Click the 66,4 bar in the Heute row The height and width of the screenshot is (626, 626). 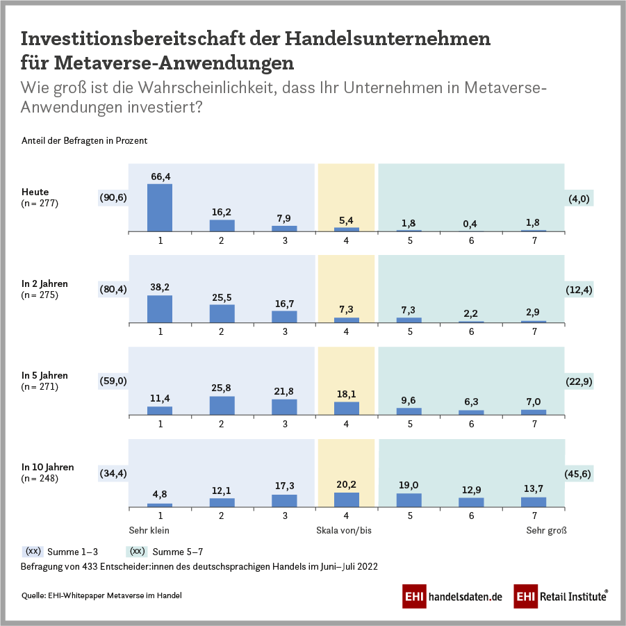pos(160,207)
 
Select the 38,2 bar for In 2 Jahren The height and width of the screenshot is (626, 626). pos(160,309)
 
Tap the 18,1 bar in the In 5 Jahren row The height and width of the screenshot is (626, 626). pos(347,409)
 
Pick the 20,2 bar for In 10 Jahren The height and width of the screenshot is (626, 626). pos(347,500)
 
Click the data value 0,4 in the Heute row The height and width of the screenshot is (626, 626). pos(471,223)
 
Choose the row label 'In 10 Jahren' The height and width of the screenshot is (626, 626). pos(47,467)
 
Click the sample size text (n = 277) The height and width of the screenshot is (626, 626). pos(40,204)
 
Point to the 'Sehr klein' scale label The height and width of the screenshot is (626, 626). pos(149,530)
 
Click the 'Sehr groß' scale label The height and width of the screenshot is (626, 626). pos(546,530)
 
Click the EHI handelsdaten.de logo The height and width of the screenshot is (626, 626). pos(452,596)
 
